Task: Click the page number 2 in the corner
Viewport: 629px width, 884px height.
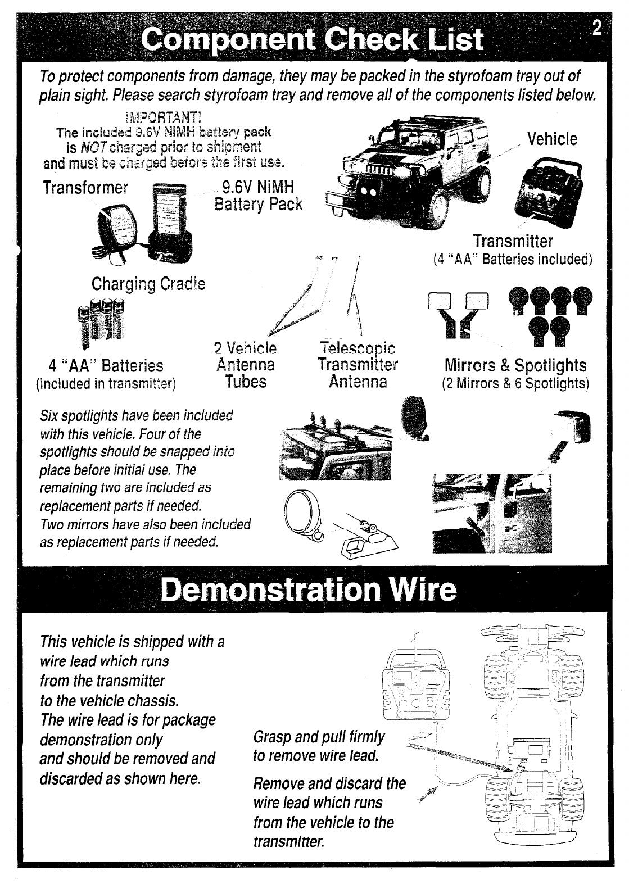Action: [x=596, y=28]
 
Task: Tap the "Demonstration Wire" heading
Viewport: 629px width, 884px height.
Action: [x=308, y=590]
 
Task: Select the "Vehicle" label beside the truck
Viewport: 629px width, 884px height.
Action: [x=552, y=139]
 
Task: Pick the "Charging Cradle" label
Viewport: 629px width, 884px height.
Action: [x=148, y=284]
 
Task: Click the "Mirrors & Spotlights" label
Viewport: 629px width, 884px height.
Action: [x=515, y=365]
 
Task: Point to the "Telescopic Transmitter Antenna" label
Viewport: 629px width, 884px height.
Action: [x=358, y=365]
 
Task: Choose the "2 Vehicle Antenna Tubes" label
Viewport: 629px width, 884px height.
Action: [x=246, y=365]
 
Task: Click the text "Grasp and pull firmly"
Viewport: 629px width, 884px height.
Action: [x=319, y=737]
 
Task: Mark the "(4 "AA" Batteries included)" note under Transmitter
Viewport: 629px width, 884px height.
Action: [x=513, y=260]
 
